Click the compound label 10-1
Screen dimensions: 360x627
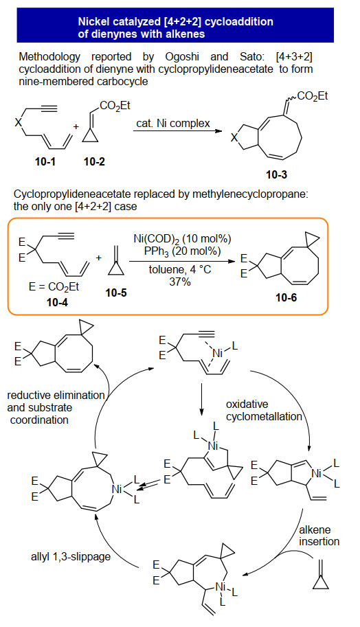(x=45, y=161)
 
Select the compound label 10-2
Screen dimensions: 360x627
(x=94, y=161)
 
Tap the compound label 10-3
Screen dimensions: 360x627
(x=277, y=174)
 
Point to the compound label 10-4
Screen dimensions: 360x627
(x=57, y=302)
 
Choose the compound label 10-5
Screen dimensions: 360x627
(x=116, y=293)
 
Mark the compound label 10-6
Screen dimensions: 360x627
(x=286, y=298)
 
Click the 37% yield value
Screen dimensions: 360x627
(x=180, y=282)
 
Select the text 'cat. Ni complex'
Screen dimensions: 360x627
(x=173, y=123)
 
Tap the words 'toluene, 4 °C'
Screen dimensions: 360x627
(x=179, y=269)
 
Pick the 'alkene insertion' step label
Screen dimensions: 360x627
(x=319, y=536)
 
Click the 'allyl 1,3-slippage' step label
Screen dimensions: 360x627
(x=71, y=557)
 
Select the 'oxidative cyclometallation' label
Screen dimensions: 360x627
(x=264, y=410)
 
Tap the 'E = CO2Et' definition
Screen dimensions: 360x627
(x=54, y=287)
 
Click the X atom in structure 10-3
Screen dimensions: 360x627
(x=235, y=138)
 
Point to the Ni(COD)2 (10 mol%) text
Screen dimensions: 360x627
(x=182, y=240)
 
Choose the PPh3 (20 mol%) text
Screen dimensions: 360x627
(x=182, y=252)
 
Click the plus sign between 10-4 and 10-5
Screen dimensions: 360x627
(x=99, y=258)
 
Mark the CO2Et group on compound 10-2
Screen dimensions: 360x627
(x=115, y=106)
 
